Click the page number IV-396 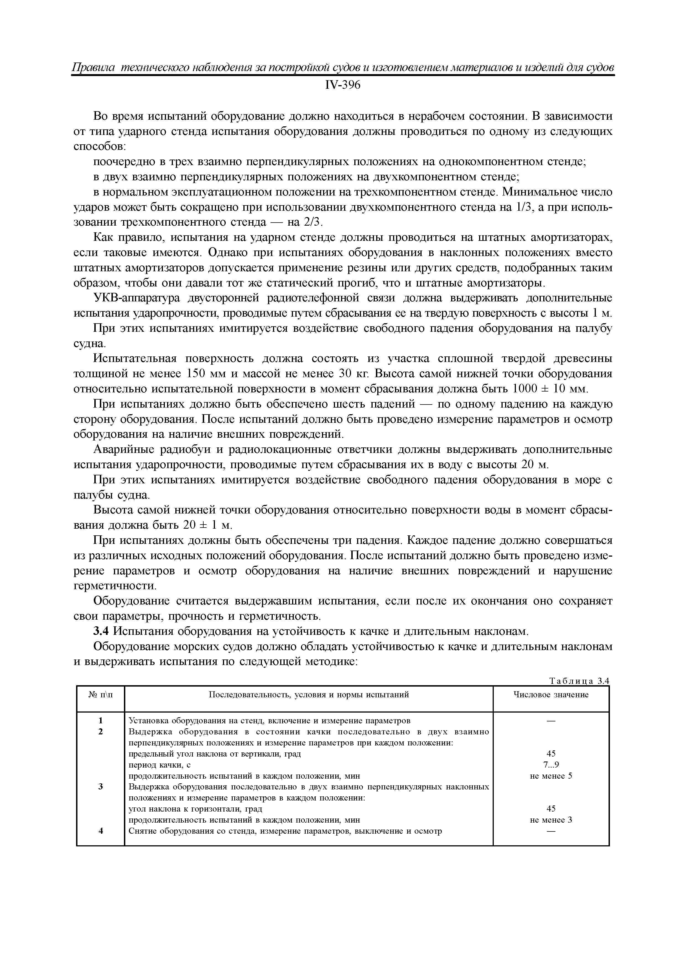342,85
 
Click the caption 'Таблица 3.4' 579,680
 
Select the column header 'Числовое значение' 550,695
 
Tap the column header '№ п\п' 101,695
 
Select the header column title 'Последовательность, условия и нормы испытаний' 309,695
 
